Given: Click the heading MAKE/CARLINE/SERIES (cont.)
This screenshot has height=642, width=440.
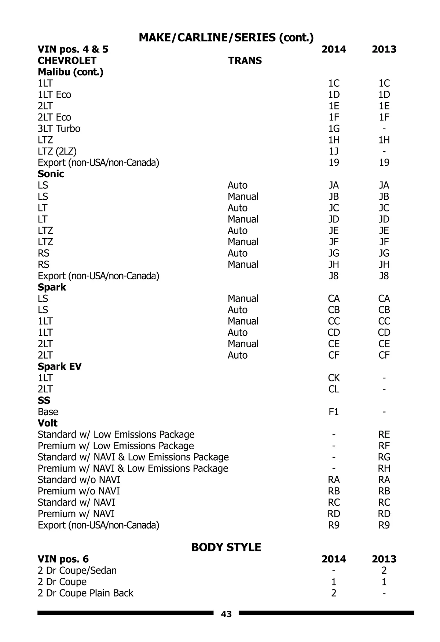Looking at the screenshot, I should [226, 37].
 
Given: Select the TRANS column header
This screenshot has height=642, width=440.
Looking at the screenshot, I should [245, 61].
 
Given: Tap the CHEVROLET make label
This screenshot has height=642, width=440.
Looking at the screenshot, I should [67, 61].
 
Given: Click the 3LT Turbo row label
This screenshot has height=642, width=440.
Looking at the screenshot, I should [59, 128].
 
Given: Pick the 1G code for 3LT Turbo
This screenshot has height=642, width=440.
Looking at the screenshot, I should [334, 128].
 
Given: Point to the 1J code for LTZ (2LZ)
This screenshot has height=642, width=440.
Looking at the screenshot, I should [334, 151].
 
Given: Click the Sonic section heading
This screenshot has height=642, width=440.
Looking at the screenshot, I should [51, 174].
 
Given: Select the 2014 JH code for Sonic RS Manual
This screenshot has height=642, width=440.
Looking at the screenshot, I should [334, 265].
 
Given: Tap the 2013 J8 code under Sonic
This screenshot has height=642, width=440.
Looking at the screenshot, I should [384, 276].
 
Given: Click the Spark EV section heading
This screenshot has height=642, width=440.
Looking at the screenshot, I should [59, 366].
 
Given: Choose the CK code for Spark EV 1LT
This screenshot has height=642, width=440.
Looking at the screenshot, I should [334, 378].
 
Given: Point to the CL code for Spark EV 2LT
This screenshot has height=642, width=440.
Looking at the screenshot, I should [334, 389].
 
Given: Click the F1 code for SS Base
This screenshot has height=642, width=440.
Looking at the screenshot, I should [334, 412].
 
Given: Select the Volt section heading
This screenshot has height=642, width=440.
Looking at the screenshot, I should [48, 423].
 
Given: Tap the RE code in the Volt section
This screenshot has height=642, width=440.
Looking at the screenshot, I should [384, 435].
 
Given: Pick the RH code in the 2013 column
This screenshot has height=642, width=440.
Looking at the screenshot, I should [384, 468].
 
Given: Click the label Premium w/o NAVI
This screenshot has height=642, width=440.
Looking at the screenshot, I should [78, 491].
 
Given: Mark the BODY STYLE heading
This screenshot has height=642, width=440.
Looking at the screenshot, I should [226, 547].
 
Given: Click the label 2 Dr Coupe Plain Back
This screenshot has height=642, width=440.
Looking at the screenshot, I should [85, 593].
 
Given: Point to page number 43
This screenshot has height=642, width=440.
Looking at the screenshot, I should [226, 614].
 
